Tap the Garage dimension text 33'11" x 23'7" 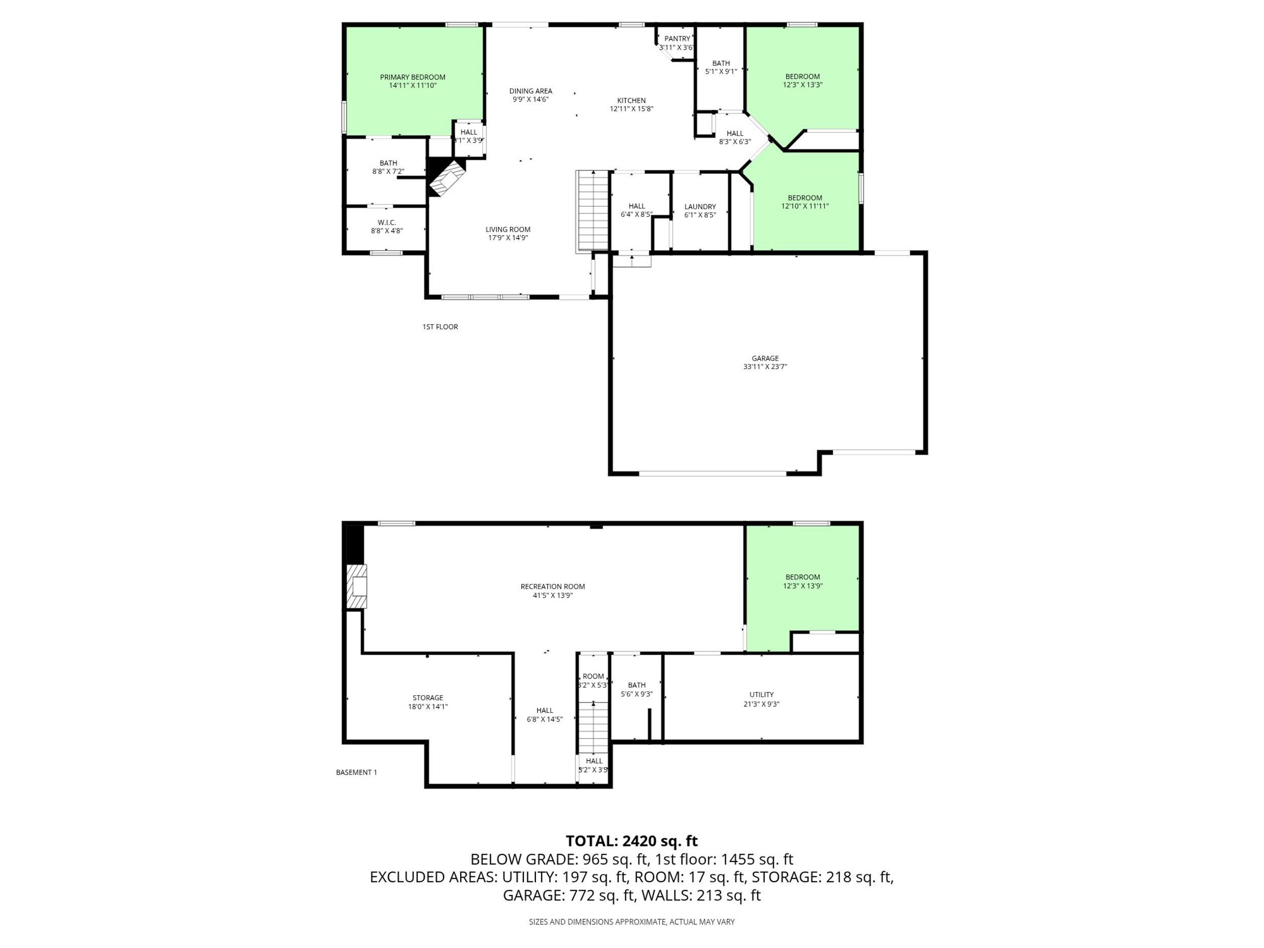[765, 367]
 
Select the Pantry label [677, 39]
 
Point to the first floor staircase [593, 211]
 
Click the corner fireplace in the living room [446, 177]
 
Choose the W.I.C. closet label [387, 223]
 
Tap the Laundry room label [700, 207]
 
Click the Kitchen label [631, 101]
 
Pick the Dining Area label [531, 91]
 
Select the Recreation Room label [553, 586]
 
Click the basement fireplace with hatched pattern [356, 587]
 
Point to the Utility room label [762, 695]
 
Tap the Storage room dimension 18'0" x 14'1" [428, 706]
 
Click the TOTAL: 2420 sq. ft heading [631, 841]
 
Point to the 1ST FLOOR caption [440, 327]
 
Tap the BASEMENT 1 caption [356, 773]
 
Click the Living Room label [508, 230]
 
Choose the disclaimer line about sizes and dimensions [631, 922]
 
